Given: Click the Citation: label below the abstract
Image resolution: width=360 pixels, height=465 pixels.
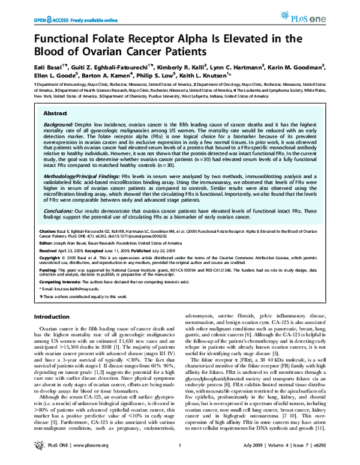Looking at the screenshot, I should click(x=47, y=247).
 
